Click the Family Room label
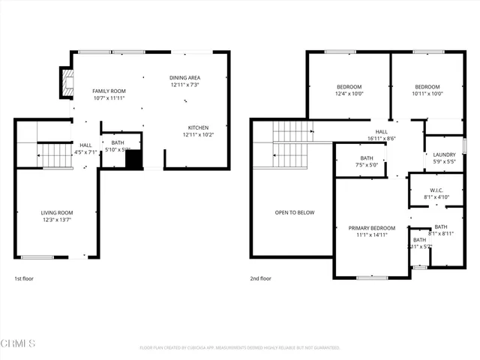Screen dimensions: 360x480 tap(109, 91)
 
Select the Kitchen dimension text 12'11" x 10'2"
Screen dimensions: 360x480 tap(198, 135)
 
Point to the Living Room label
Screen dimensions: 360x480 tap(56, 213)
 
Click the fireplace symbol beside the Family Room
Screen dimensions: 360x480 tap(67, 83)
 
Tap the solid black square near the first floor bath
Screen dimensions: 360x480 tap(133, 160)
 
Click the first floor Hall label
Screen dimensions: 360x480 tap(85, 145)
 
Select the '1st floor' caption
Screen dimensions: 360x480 tap(24, 278)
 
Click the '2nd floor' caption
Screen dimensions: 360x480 tap(261, 278)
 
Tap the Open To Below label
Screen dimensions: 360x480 tap(295, 213)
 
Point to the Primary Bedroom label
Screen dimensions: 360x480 tap(371, 227)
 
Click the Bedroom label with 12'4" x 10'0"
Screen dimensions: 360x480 tap(349, 87)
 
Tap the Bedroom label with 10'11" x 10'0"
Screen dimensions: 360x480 tap(427, 87)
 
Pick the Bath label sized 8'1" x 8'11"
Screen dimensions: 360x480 tap(440, 227)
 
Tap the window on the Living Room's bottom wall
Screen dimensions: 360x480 tap(37, 257)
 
